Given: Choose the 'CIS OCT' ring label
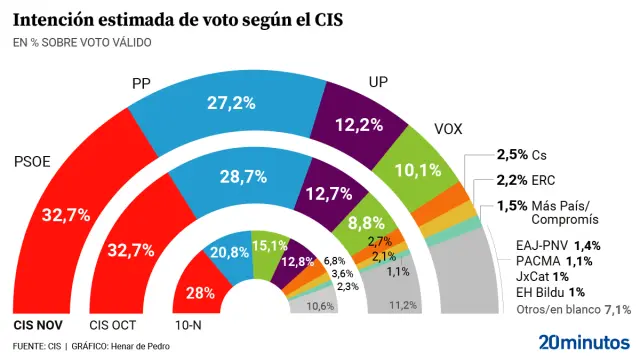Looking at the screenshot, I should point(114,325).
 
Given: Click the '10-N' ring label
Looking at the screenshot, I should point(190,325).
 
